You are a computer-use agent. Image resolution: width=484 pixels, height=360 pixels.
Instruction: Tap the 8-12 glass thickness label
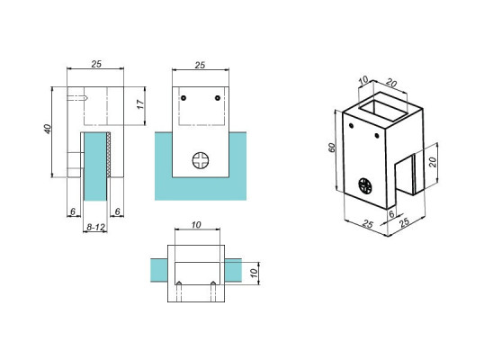[95, 229]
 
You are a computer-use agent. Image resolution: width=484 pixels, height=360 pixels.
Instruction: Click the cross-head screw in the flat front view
[200, 160]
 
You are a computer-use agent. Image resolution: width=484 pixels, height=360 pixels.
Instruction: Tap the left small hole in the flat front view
[183, 97]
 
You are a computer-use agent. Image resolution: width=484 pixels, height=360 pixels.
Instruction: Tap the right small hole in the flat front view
[217, 97]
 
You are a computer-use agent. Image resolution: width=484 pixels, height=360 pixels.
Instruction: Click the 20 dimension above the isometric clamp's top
[391, 83]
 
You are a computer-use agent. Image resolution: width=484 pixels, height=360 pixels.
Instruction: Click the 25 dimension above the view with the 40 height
[95, 65]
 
